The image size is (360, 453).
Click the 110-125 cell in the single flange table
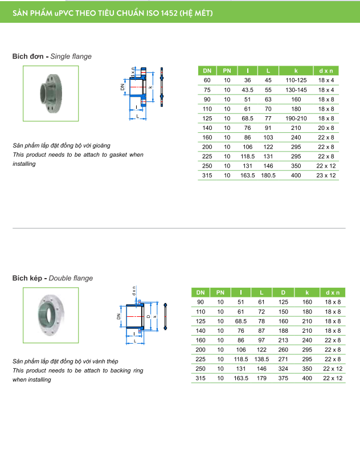point(296,80)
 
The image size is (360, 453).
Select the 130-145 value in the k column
point(296,90)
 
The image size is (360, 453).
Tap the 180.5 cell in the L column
point(268,176)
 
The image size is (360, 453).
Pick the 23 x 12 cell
point(326,176)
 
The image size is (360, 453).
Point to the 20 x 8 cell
point(326,128)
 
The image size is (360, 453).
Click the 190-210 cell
point(296,119)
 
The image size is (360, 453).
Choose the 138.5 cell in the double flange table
point(261,359)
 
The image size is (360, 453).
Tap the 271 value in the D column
point(283,359)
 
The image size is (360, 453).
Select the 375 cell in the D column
point(283,378)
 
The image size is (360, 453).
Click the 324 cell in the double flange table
point(283,369)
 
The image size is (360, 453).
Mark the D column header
point(283,292)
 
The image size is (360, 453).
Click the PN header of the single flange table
point(227,70)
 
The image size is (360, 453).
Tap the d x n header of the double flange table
point(332,292)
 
